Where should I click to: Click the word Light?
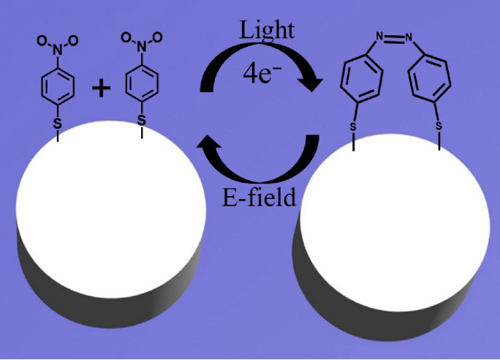(268, 30)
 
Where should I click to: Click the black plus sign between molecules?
(101, 89)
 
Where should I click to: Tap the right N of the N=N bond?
(409, 34)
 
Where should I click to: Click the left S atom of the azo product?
(352, 125)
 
